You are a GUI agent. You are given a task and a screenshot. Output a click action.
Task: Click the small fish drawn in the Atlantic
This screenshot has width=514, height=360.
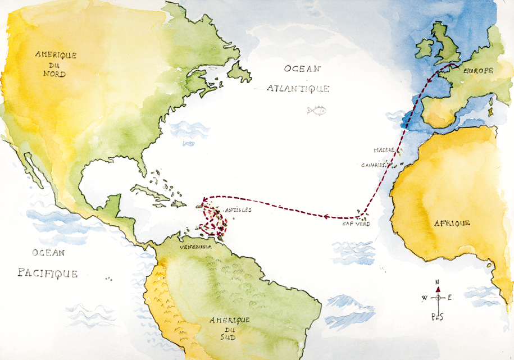coord(317,110)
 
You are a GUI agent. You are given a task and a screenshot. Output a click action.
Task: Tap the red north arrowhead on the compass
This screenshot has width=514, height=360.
coord(438,288)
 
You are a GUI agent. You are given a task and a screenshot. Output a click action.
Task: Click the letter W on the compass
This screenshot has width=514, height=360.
coord(424,298)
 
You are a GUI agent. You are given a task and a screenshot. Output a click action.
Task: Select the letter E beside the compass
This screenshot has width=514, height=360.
coord(450,297)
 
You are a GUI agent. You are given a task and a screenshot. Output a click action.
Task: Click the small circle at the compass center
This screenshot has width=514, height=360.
coord(438,297)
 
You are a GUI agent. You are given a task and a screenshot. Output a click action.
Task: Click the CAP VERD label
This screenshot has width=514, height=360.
coord(356,224)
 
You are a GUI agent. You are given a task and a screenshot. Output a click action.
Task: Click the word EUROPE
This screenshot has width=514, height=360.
coord(478,71)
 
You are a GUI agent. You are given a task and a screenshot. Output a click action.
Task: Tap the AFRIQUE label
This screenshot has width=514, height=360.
coord(452,223)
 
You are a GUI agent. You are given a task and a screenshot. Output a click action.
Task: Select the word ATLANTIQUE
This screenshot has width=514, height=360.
coord(298,89)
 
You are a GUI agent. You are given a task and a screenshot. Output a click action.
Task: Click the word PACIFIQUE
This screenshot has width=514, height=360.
coord(47,274)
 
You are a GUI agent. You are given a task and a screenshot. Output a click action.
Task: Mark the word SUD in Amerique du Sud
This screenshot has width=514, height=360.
coord(229,339)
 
